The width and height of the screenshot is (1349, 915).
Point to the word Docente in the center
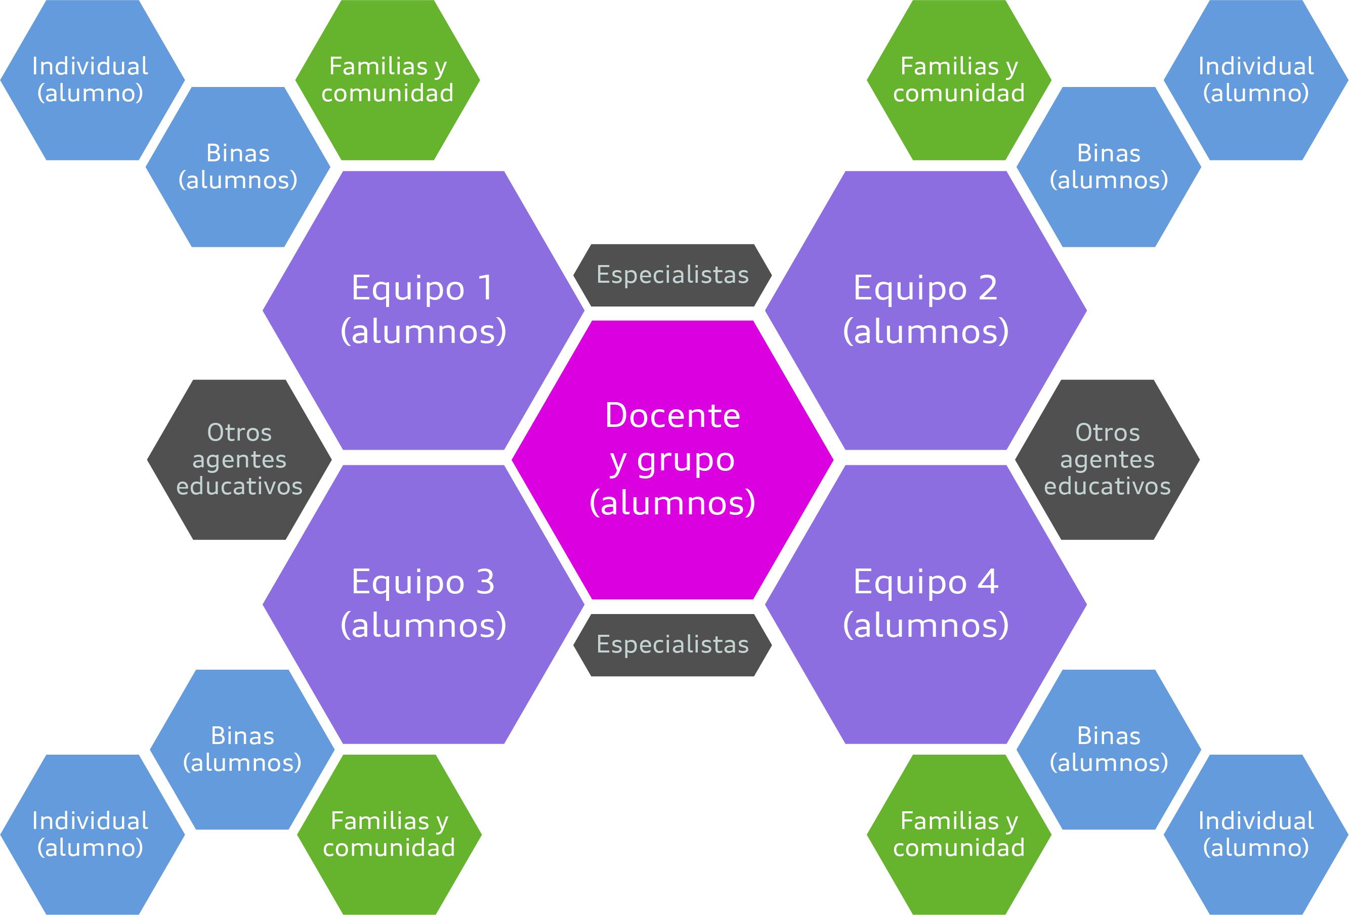click(x=672, y=416)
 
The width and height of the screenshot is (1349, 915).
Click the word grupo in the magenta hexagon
click(x=686, y=461)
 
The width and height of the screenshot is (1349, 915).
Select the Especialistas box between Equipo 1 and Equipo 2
click(x=672, y=275)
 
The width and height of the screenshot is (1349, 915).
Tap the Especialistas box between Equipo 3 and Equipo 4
click(x=672, y=644)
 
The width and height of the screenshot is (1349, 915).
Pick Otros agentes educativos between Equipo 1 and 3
click(x=239, y=460)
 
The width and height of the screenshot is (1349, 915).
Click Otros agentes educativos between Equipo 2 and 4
click(x=1107, y=460)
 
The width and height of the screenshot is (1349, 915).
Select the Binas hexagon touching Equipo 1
click(x=238, y=167)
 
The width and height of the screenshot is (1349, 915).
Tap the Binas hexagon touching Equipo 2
click(x=1109, y=167)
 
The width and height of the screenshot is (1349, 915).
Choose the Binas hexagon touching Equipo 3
click(x=242, y=749)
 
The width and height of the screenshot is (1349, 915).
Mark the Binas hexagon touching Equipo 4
click(x=1109, y=749)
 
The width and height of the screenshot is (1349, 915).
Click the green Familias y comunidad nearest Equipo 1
click(x=387, y=80)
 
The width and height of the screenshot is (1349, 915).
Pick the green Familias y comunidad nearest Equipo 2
click(x=959, y=80)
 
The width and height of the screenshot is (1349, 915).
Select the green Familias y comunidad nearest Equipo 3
click(x=389, y=835)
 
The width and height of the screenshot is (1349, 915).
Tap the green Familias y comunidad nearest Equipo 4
click(x=959, y=835)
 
